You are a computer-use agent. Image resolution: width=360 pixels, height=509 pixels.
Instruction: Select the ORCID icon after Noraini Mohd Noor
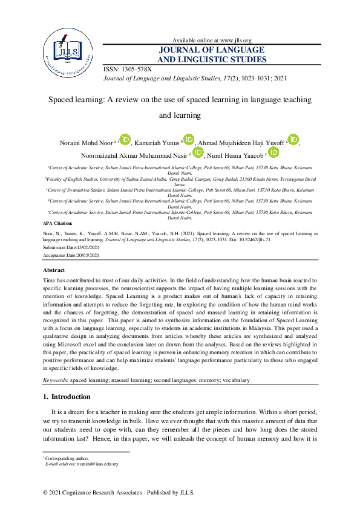point(125,140)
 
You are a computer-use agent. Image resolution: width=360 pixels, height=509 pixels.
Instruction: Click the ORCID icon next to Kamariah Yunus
point(189,140)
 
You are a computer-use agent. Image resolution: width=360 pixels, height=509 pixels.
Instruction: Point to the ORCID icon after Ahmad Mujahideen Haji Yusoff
point(293,140)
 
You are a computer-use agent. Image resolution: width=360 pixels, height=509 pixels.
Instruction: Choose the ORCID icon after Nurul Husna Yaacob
point(273,154)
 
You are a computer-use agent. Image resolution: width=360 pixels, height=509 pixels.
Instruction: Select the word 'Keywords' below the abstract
point(55,380)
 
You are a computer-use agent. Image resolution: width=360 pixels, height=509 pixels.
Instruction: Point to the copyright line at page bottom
point(119,493)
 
